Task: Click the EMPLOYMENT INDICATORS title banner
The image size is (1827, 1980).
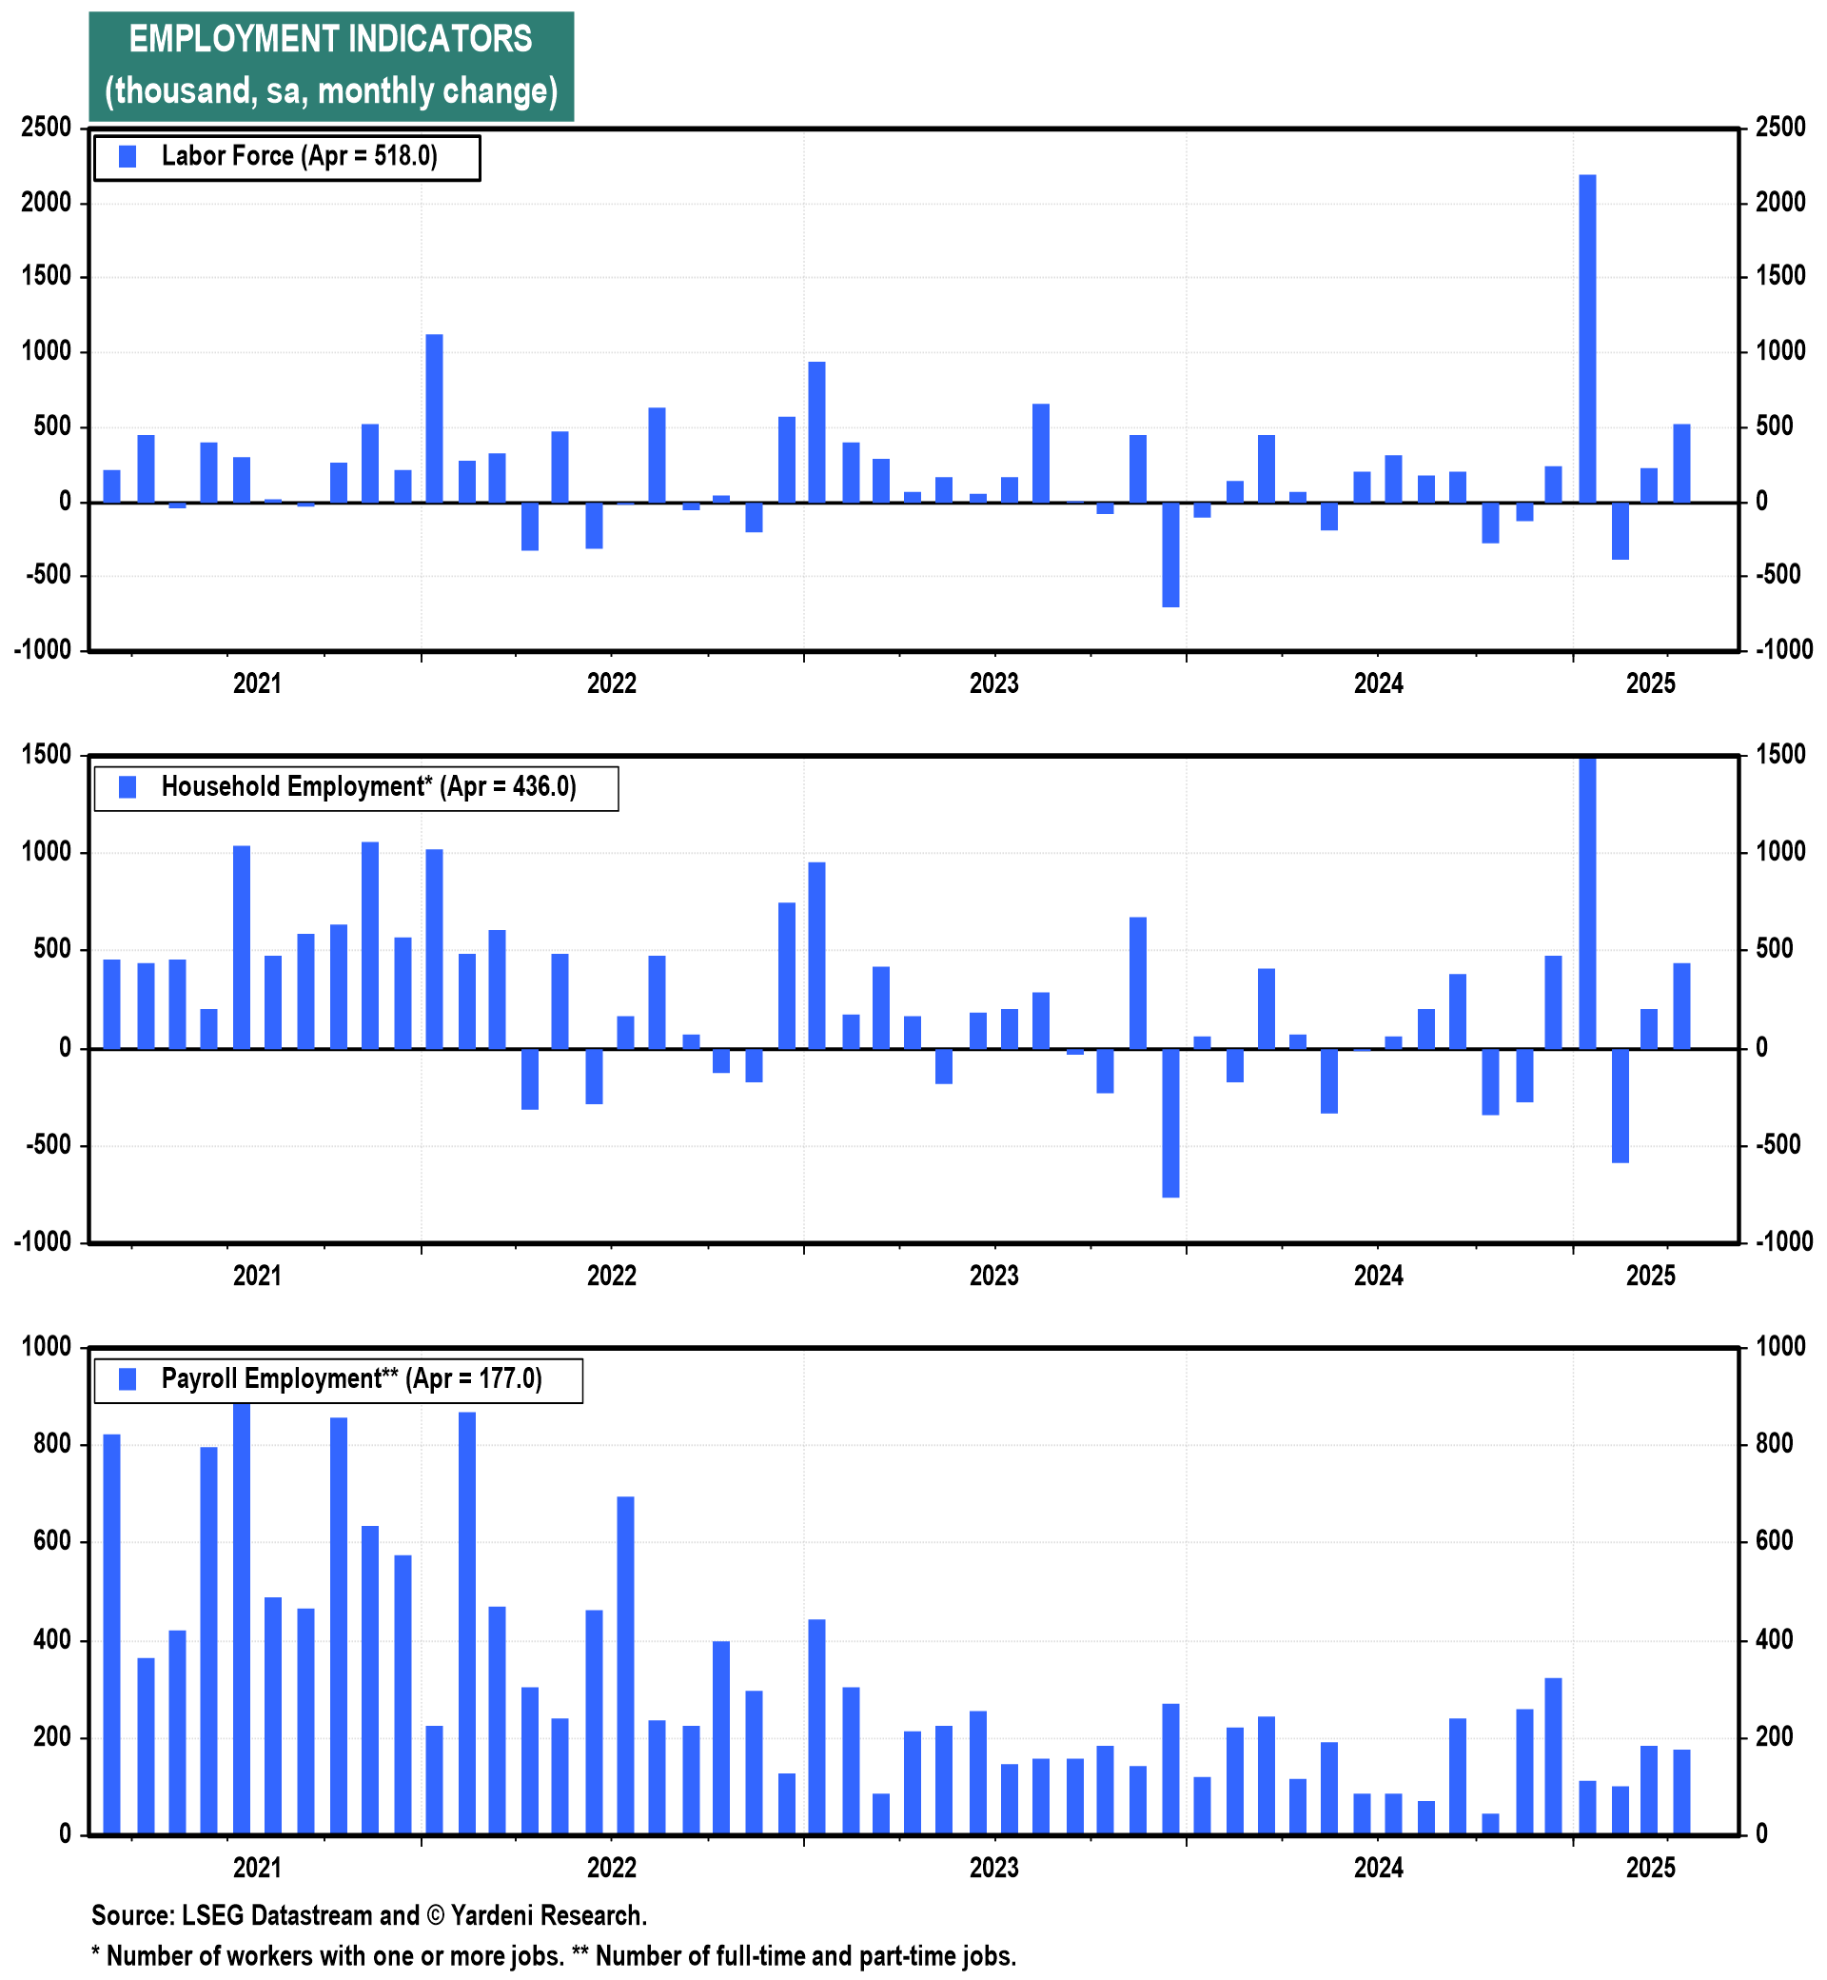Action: pos(330,67)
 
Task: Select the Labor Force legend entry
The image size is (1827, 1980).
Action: pos(286,156)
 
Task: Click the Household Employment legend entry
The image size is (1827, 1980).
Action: pos(356,787)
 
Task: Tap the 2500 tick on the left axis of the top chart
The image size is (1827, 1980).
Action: pos(48,128)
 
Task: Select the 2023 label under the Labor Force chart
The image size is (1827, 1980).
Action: pos(993,683)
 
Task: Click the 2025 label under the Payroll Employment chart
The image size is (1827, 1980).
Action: pos(1650,1868)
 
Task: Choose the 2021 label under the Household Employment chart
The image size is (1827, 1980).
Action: pos(257,1276)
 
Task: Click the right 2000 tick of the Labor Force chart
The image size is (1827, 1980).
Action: pos(1780,203)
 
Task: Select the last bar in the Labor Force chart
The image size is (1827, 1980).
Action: pos(1680,463)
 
